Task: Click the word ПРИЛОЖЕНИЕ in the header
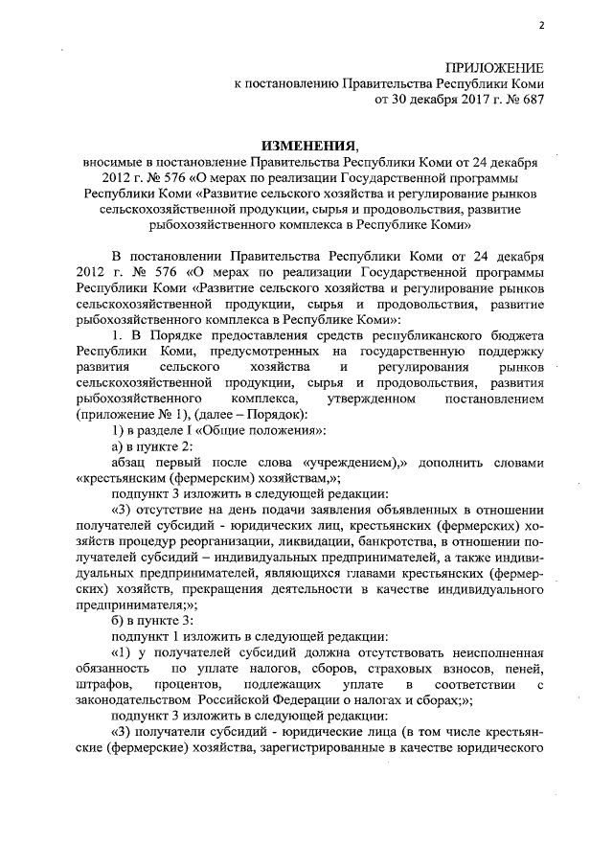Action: coord(494,67)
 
